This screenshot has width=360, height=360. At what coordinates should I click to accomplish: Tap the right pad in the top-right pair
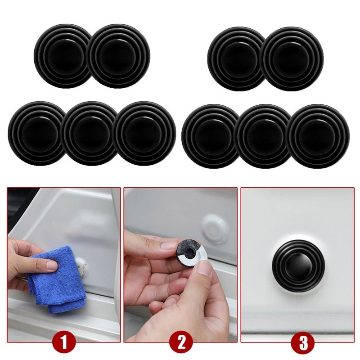pos(292,58)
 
